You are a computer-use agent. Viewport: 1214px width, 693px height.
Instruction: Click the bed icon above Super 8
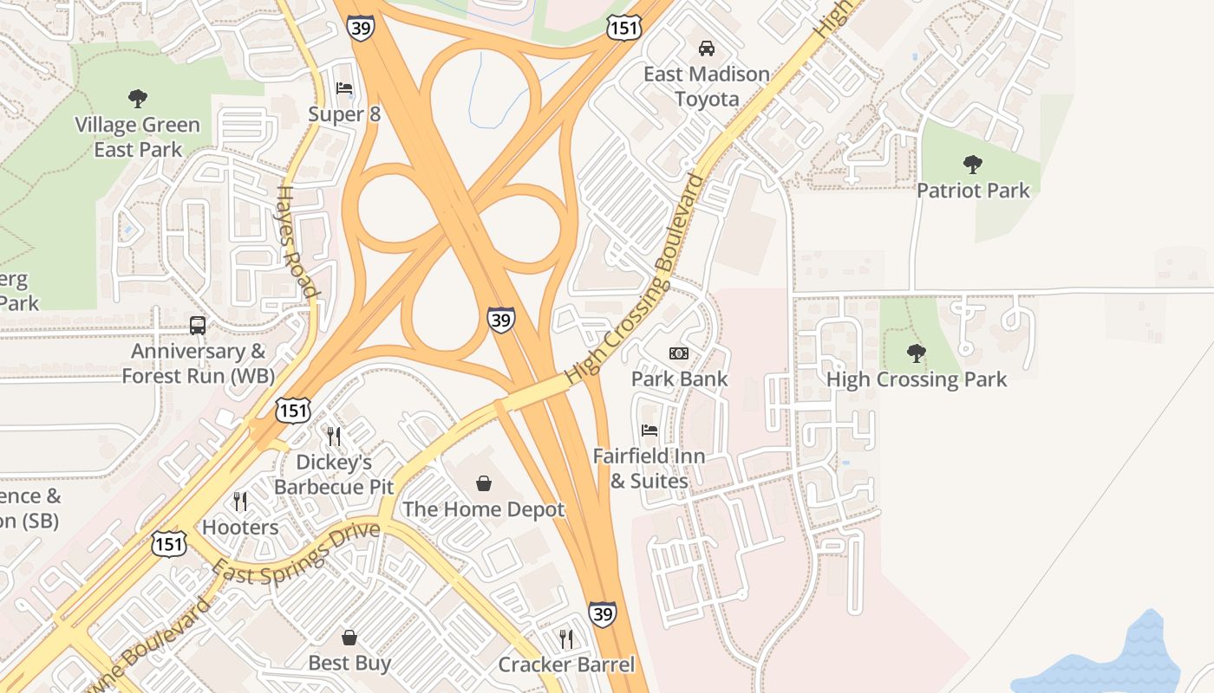344,88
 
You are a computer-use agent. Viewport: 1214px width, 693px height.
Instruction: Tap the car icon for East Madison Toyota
706,49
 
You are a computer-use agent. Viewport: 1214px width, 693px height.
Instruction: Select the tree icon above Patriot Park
972,164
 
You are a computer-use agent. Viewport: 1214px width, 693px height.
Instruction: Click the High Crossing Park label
917,379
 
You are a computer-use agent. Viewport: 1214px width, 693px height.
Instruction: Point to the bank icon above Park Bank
679,353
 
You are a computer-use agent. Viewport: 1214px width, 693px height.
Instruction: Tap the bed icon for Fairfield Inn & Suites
649,431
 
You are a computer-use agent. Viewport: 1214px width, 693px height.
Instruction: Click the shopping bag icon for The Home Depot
484,483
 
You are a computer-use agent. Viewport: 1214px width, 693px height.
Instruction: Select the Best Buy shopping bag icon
349,638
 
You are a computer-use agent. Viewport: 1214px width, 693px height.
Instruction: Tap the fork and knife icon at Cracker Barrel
566,639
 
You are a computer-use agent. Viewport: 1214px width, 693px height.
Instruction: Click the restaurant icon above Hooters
240,502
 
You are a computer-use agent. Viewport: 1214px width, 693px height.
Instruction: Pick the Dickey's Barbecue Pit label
334,474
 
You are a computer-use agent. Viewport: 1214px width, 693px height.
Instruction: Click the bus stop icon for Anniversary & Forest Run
198,326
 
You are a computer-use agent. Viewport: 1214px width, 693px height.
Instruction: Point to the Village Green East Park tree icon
137,99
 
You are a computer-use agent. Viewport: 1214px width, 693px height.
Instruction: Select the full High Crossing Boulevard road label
635,279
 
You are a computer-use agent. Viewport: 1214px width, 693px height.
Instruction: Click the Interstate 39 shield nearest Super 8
360,27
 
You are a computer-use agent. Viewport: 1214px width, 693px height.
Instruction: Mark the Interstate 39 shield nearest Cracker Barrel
603,614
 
